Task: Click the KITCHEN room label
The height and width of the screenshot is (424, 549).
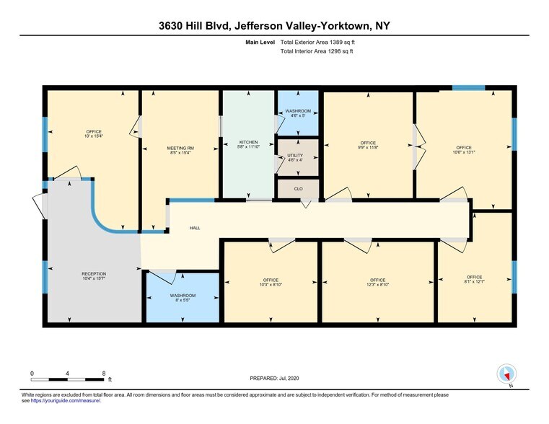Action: coord(248,141)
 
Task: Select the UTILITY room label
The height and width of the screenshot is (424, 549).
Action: coord(295,155)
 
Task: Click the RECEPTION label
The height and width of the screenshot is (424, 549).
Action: coord(94,274)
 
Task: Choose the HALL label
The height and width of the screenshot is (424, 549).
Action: coord(195,228)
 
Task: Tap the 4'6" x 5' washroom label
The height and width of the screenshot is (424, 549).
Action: coord(297,115)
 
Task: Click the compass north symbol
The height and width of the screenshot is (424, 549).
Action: coord(507,374)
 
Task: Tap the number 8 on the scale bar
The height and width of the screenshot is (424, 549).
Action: coord(104,373)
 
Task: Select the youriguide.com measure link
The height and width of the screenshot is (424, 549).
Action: coord(65,400)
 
